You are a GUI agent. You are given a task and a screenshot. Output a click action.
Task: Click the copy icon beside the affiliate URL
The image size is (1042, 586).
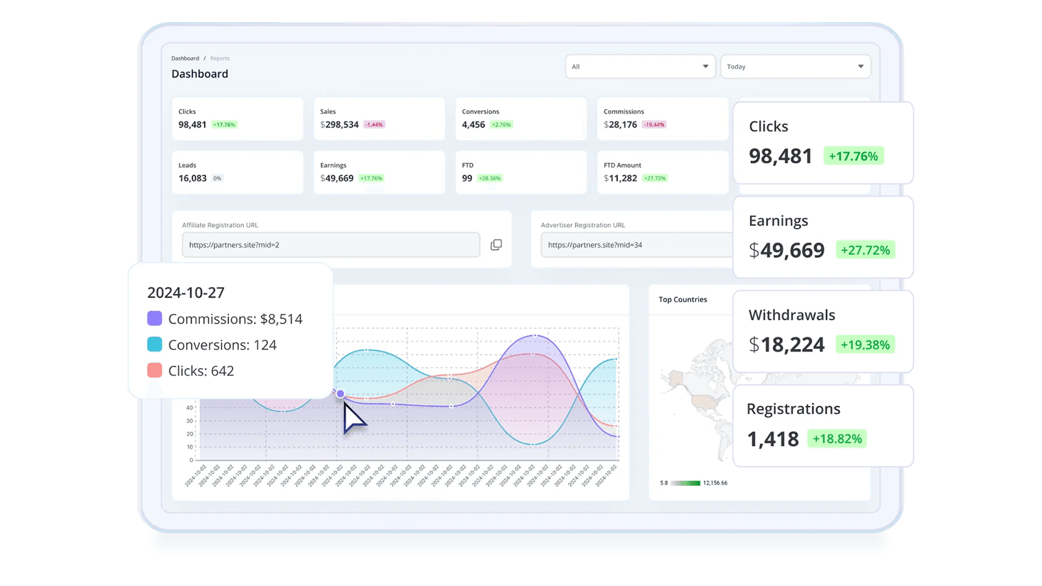(496, 245)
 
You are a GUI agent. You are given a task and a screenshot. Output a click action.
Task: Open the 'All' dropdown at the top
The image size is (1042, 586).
(640, 66)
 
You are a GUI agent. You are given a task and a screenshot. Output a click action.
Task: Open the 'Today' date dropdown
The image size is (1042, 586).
(795, 66)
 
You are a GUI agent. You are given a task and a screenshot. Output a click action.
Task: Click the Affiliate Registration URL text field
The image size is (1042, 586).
(331, 245)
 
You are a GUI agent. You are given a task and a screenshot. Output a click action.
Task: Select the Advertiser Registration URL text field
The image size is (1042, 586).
(635, 245)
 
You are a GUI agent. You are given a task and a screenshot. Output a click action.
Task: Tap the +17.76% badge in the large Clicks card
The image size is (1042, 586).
(853, 156)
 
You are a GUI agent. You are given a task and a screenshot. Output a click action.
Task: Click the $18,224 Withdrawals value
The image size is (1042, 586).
(787, 344)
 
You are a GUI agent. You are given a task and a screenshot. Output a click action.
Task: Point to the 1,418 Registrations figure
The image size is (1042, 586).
(773, 439)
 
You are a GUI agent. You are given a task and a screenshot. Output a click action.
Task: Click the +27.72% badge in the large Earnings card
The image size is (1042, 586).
(865, 250)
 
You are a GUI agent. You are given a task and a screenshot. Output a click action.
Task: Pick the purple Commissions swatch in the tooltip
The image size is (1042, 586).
(154, 318)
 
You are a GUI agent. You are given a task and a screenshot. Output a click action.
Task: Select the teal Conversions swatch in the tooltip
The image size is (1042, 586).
(154, 344)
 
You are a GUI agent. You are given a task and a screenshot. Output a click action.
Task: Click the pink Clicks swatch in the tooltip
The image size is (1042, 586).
(154, 370)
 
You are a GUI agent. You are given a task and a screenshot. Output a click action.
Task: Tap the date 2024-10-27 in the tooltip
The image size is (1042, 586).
(186, 292)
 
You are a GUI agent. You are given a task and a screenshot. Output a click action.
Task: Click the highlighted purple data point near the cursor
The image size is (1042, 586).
(340, 394)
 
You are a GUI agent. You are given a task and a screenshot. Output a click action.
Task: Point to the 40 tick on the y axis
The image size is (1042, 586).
(190, 408)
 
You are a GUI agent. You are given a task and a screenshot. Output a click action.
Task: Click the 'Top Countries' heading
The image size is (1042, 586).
(683, 300)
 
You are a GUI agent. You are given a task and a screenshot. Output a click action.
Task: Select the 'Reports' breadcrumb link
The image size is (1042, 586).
(220, 59)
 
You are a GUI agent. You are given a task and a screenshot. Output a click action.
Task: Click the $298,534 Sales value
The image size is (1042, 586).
(339, 124)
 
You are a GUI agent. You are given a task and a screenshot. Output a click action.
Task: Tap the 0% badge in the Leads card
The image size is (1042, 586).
(217, 178)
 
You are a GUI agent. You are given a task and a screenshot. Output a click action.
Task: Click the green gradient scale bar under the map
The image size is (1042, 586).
(685, 483)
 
